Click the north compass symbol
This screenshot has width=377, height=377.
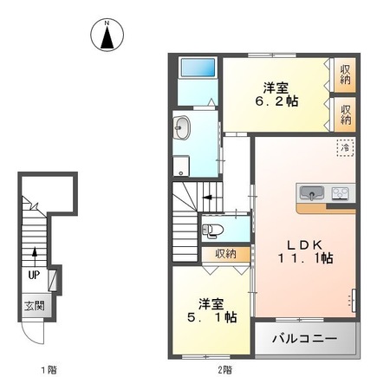(x=106, y=35)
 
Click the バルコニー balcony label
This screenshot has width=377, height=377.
(x=306, y=337)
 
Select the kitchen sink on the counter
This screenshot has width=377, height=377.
(x=311, y=192)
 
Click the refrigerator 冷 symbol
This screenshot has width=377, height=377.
(x=344, y=149)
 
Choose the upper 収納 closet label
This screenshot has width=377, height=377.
(x=345, y=75)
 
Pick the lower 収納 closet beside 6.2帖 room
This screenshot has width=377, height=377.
(x=345, y=114)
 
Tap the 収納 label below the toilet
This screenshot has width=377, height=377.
(x=225, y=254)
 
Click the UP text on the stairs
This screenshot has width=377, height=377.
(x=34, y=275)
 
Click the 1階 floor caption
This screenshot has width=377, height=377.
(x=49, y=368)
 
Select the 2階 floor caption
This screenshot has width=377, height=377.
(x=224, y=368)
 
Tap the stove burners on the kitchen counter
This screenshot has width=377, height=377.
(x=339, y=192)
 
